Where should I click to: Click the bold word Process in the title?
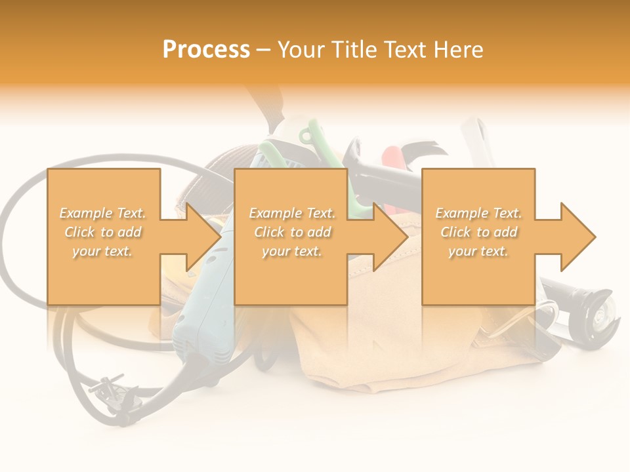coord(206,50)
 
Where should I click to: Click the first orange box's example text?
coord(103,232)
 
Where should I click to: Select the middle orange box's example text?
coord(292,232)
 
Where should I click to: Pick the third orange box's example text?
coord(478,232)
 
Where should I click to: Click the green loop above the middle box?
coord(307,136)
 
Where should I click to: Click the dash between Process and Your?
coord(263,50)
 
